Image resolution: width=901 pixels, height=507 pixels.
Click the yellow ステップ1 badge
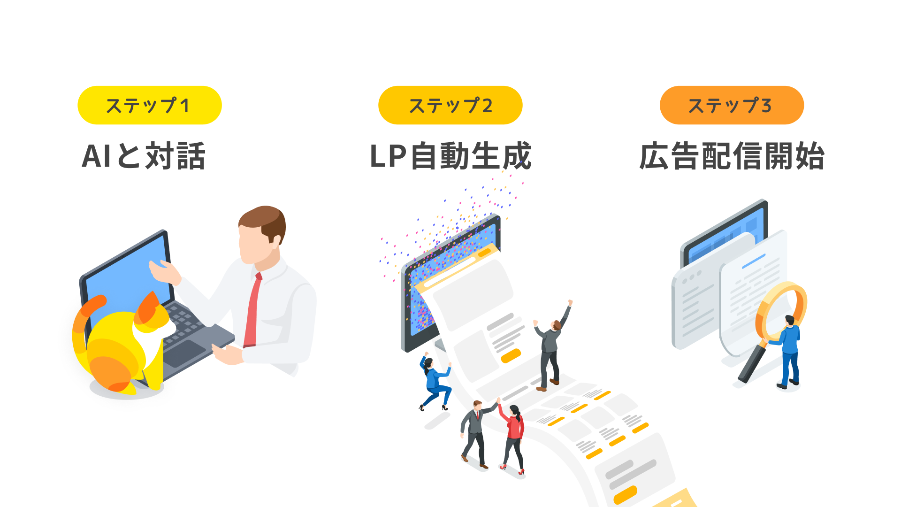click(149, 105)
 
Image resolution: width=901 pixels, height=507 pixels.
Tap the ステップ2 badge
click(450, 105)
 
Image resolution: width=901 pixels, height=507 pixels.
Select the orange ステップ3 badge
click(731, 105)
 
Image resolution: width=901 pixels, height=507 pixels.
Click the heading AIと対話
click(144, 156)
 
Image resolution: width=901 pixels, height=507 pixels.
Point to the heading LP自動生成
click(450, 156)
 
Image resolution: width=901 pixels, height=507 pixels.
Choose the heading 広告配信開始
click(732, 156)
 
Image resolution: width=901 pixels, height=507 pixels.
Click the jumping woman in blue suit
click(435, 380)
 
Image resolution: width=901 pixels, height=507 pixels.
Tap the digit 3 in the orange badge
click(766, 106)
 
